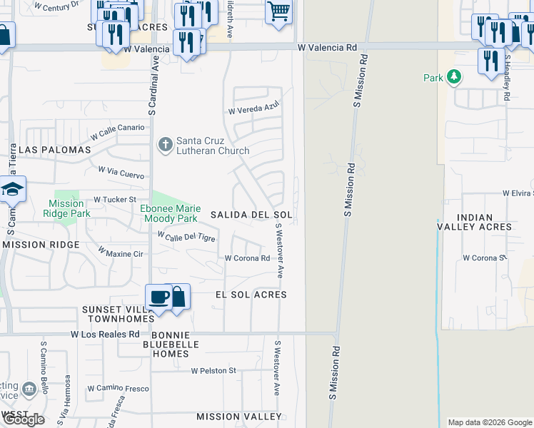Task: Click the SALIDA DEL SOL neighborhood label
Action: click(x=252, y=215)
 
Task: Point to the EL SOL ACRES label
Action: click(x=251, y=295)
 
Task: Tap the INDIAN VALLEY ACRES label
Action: click(x=474, y=222)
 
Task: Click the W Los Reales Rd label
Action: click(x=106, y=335)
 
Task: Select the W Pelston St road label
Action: click(x=213, y=371)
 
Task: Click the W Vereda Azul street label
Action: click(x=253, y=108)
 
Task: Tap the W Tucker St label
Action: click(x=115, y=200)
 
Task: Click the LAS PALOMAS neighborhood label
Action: click(x=56, y=151)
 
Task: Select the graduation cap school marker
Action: click(x=12, y=190)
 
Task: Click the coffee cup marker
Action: click(x=158, y=297)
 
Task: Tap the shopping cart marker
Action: click(x=278, y=11)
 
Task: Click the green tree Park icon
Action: click(x=452, y=77)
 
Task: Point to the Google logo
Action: click(x=24, y=419)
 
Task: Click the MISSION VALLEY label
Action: click(x=239, y=417)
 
